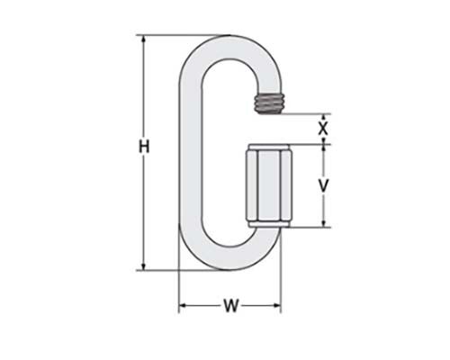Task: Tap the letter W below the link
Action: [229, 306]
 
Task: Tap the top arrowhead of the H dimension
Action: [142, 40]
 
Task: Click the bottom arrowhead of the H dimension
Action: [142, 265]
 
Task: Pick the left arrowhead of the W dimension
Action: [184, 306]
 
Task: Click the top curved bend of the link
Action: [225, 45]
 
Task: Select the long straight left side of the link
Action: [187, 153]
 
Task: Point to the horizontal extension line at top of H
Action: [171, 35]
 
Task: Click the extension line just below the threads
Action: [301, 114]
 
